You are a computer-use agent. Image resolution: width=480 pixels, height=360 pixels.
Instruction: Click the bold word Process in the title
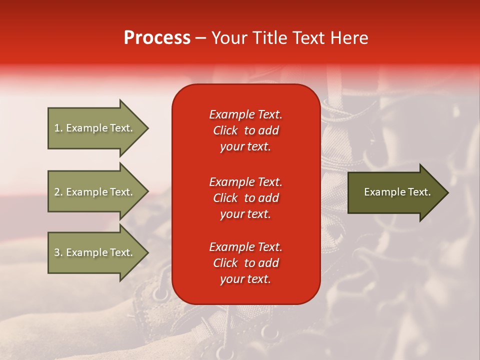click(157, 38)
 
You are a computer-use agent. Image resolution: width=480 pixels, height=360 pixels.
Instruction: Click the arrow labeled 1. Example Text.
click(95, 128)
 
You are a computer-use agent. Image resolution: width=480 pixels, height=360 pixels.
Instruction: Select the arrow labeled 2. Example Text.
click(95, 192)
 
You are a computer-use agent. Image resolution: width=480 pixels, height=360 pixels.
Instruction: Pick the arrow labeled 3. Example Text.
click(95, 252)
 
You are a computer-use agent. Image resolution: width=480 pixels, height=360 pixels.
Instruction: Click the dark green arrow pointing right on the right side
click(395, 192)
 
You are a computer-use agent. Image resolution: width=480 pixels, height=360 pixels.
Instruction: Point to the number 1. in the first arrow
click(58, 128)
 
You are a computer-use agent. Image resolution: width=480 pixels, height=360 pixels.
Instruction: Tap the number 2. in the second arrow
click(58, 192)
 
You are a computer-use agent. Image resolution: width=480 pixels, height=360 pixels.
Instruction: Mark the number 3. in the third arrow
click(58, 252)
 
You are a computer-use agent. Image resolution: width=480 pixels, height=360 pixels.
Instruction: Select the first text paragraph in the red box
click(245, 130)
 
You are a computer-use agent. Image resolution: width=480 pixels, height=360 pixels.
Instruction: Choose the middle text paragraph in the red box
click(245, 198)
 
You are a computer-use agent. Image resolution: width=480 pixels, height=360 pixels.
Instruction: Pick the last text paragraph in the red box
click(245, 263)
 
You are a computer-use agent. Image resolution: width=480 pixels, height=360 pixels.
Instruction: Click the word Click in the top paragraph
click(225, 130)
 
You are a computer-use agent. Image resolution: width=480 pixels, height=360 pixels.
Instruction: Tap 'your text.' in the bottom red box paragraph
click(245, 279)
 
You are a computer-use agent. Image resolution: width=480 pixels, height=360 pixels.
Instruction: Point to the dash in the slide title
click(200, 38)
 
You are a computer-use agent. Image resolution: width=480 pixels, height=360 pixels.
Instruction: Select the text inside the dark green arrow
click(397, 192)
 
